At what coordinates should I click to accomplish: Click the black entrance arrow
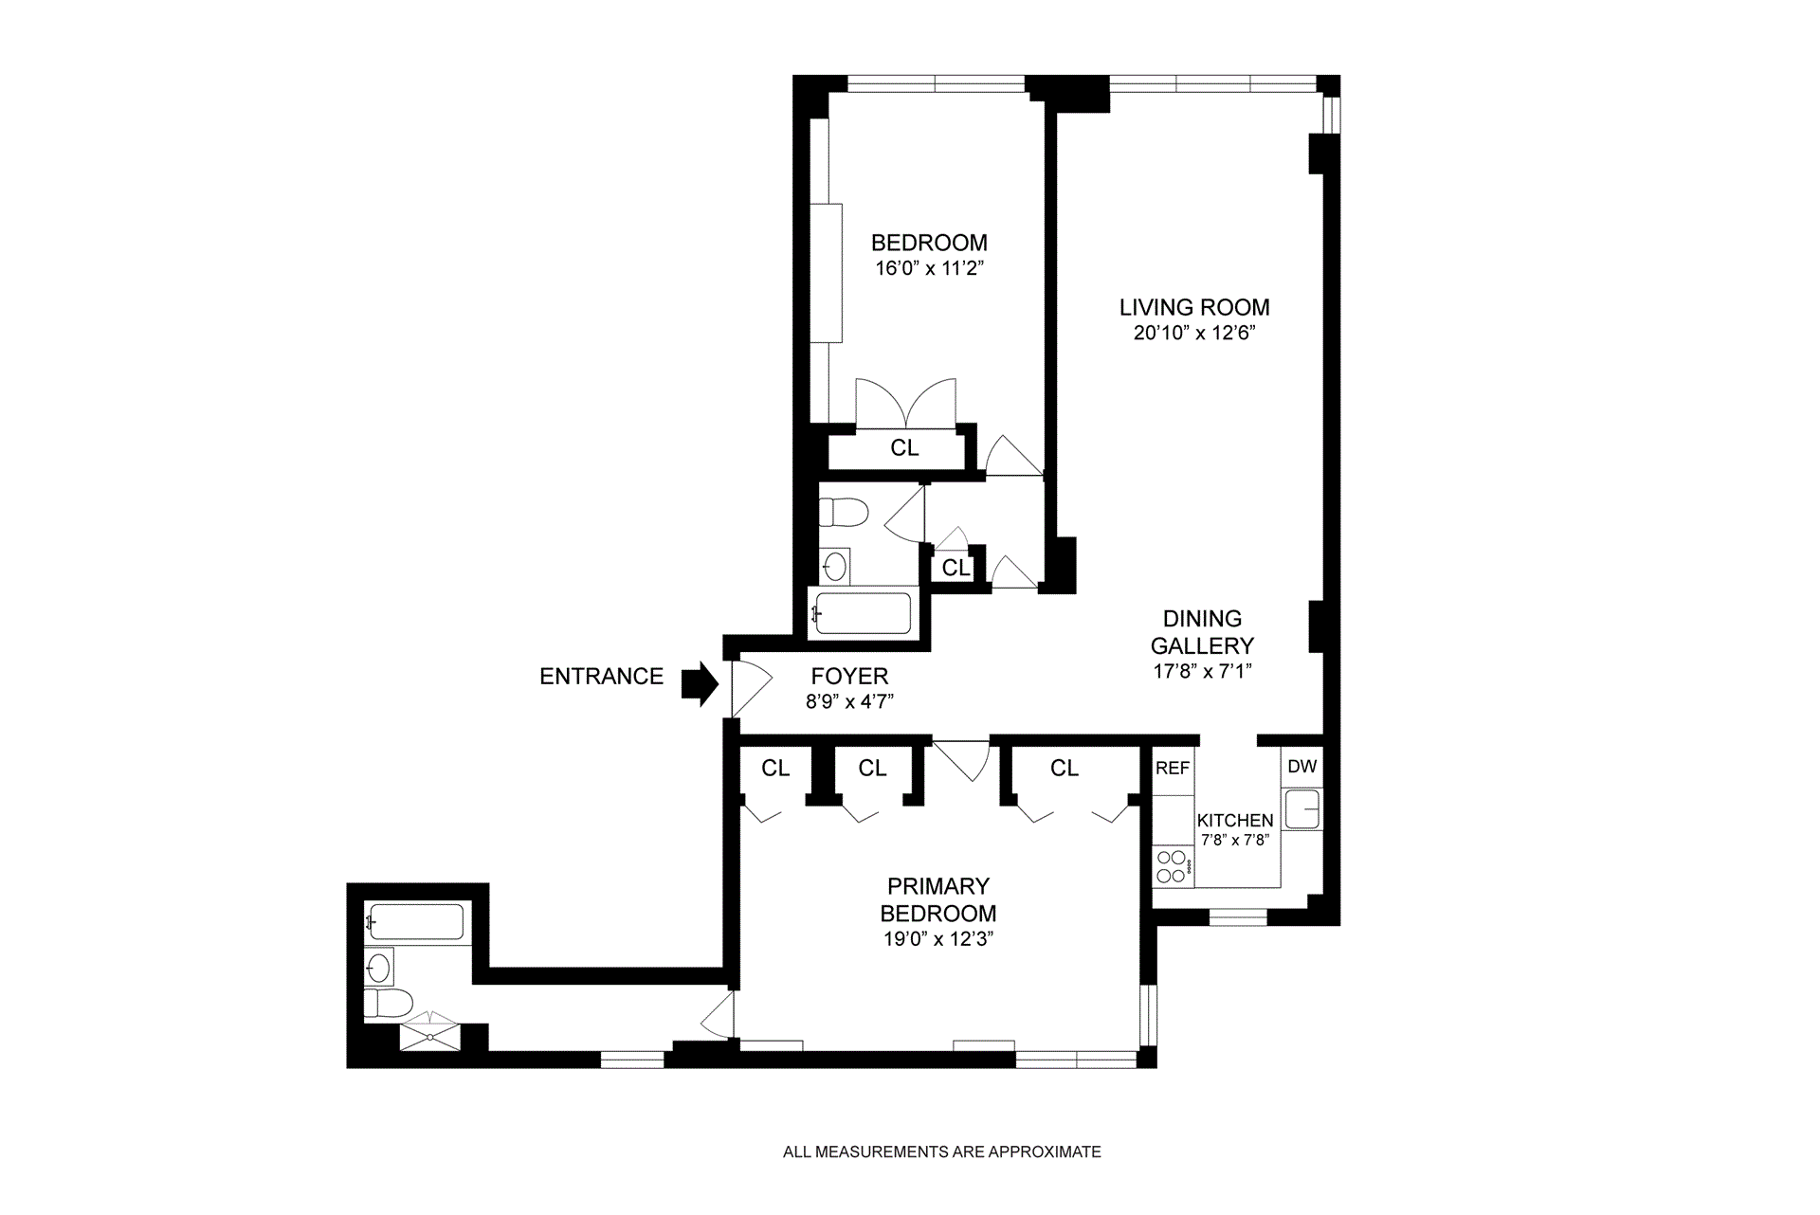(x=701, y=683)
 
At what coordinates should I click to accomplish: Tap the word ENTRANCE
(x=601, y=676)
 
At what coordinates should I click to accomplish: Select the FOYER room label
(x=849, y=676)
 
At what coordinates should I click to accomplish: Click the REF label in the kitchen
(x=1173, y=768)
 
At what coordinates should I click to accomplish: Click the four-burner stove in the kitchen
(x=1172, y=866)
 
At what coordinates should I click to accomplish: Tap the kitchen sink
(x=1303, y=809)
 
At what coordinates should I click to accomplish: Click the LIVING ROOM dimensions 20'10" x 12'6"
(x=1194, y=333)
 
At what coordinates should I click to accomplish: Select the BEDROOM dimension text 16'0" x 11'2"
(x=929, y=268)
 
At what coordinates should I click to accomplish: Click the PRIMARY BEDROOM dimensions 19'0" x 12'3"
(x=937, y=939)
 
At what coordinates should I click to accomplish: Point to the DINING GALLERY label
(x=1202, y=632)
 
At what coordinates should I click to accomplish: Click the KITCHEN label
(x=1235, y=821)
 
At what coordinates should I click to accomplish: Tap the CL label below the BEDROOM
(x=904, y=447)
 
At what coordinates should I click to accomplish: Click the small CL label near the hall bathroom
(x=955, y=568)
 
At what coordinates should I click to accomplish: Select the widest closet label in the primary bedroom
(x=1065, y=768)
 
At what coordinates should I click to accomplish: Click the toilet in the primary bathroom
(x=389, y=1003)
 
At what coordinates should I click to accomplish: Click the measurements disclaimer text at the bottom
(x=942, y=1152)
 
